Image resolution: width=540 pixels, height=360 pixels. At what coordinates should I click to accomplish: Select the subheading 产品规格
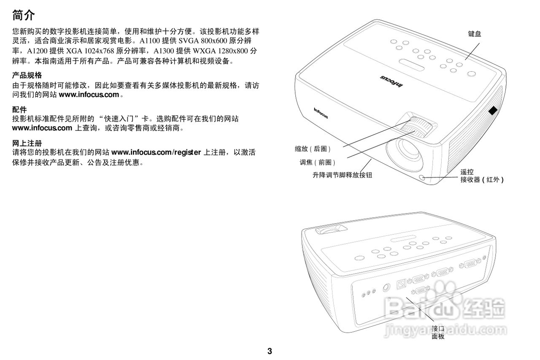pos(27,76)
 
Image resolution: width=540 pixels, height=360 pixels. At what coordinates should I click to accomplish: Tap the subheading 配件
pos(19,110)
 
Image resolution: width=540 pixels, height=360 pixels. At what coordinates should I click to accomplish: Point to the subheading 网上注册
pos(27,143)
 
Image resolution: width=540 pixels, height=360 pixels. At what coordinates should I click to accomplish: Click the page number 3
pos(270,351)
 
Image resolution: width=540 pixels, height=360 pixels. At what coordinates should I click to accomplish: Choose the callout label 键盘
pos(474,34)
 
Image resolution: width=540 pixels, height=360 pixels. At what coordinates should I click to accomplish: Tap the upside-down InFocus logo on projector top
pos(391,81)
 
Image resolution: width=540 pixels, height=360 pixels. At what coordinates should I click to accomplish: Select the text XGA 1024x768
pos(90,51)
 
